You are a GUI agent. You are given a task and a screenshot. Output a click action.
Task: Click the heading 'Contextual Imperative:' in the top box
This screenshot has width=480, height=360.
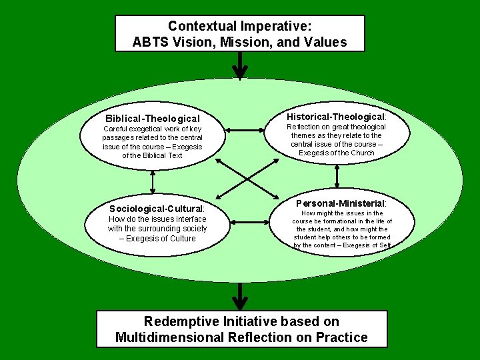click(240, 26)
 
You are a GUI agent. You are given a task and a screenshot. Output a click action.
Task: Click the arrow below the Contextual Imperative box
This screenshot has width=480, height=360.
click(239, 65)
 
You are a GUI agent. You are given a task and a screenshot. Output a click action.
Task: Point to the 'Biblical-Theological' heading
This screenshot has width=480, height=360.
click(153, 119)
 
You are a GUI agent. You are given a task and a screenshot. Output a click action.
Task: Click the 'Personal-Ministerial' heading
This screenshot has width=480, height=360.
click(341, 203)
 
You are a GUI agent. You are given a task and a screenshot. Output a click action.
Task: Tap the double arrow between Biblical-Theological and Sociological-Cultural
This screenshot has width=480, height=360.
click(153, 179)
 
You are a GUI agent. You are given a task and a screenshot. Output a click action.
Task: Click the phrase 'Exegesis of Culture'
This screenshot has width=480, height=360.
click(161, 239)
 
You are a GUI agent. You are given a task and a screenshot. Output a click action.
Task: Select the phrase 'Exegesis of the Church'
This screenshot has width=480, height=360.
click(337, 153)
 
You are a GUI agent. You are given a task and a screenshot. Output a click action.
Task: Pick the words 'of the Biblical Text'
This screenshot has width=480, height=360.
click(152, 155)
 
